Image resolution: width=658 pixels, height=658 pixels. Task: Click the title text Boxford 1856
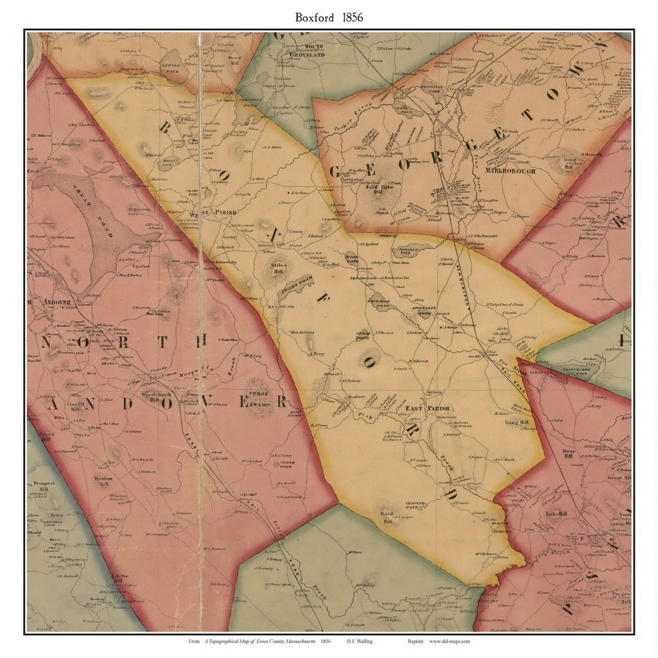coord(329,17)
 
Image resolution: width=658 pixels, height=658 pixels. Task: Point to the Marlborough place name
coord(511,171)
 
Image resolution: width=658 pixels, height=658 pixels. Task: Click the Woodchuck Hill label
coord(150,396)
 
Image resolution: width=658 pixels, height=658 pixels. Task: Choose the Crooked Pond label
coord(416,505)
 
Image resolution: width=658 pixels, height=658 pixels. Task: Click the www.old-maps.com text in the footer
coord(449,641)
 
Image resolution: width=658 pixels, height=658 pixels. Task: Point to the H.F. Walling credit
coord(360,641)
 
